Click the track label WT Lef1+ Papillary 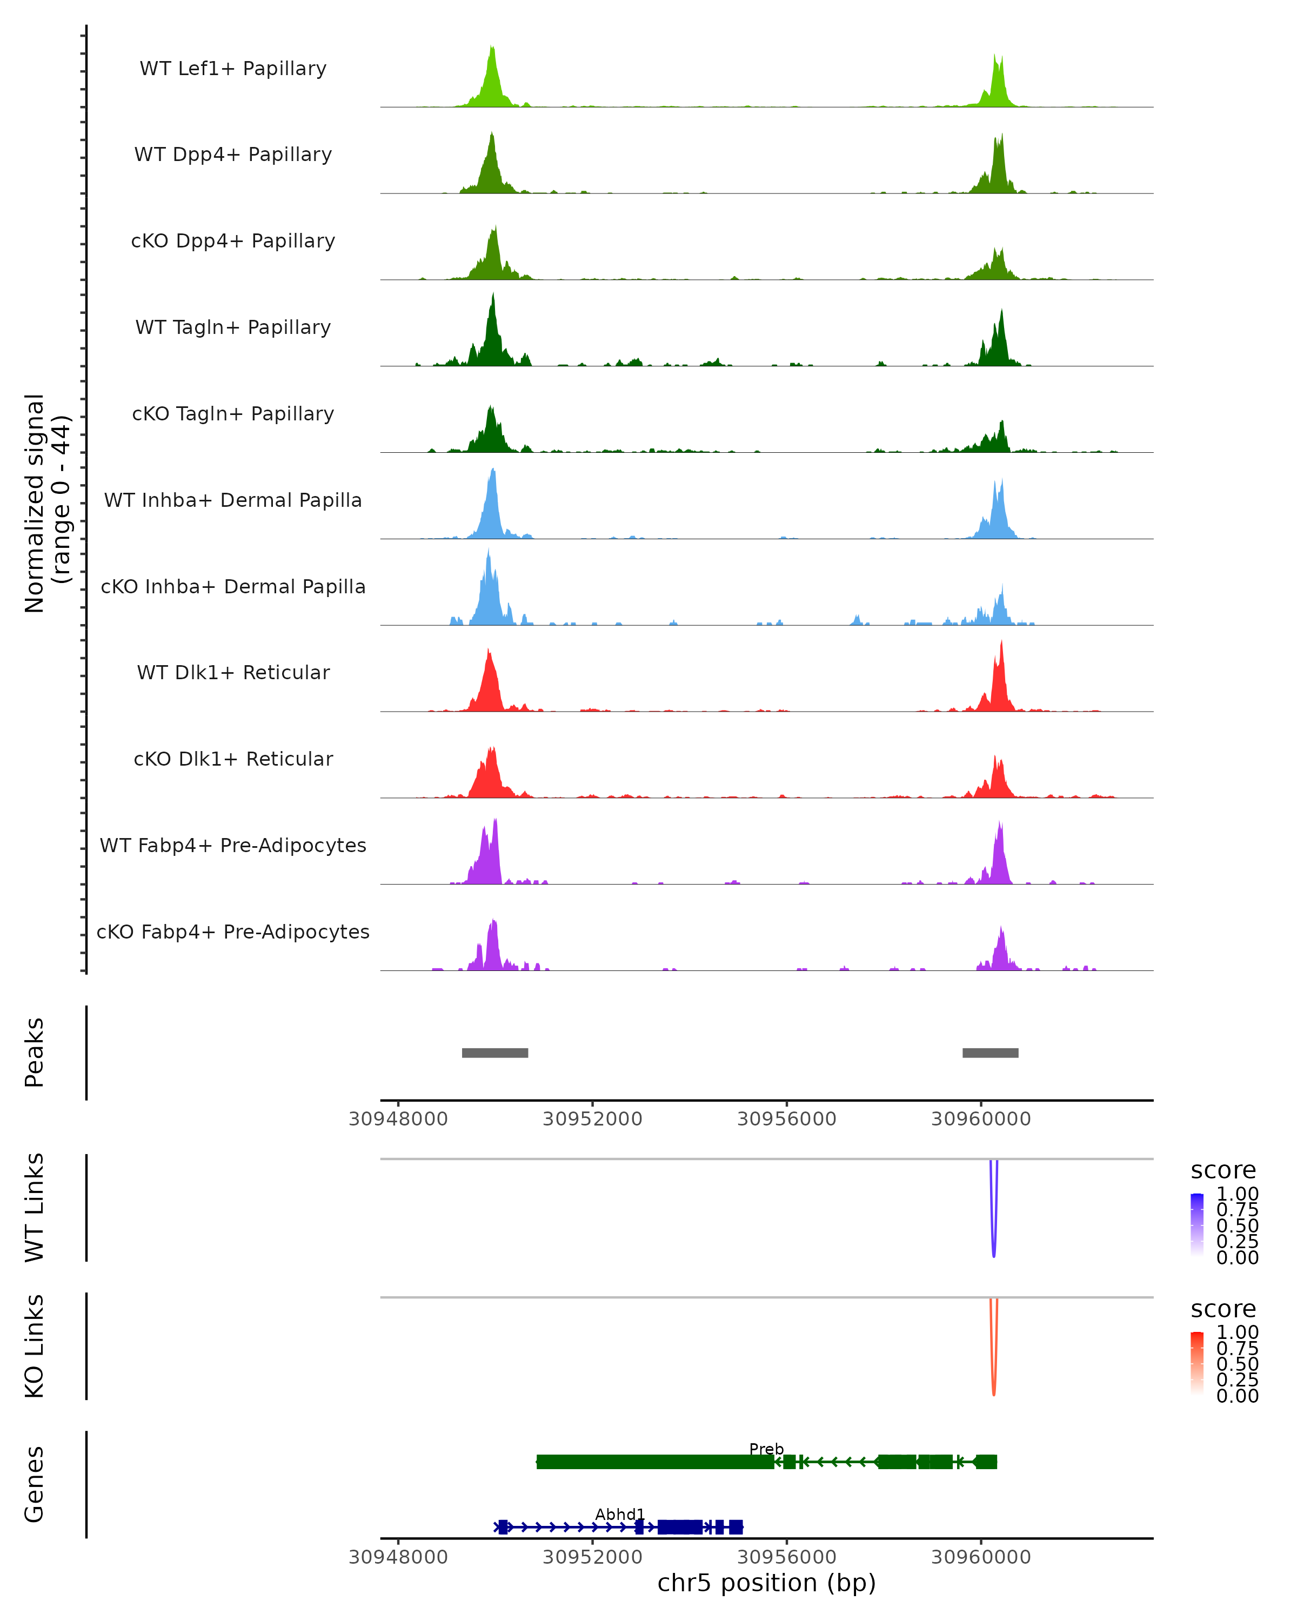233,69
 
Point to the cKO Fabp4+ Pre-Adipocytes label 233,932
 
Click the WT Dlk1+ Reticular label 233,672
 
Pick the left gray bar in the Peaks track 494,1053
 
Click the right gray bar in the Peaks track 990,1053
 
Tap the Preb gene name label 766,1449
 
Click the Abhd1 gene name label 619,1514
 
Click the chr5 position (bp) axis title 766,1583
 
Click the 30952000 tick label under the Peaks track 592,1119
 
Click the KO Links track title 35,1346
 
